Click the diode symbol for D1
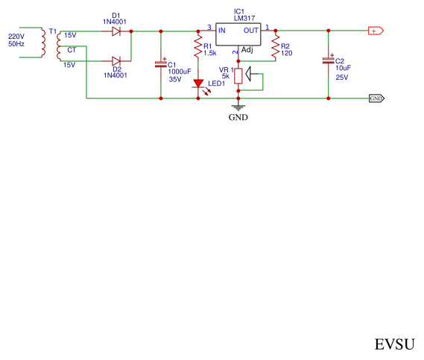click(x=116, y=31)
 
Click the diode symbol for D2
click(x=116, y=60)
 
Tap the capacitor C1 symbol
click(x=160, y=65)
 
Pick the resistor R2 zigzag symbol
click(x=276, y=48)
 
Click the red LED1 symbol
click(x=198, y=83)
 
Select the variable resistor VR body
click(x=238, y=75)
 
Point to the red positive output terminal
click(x=376, y=31)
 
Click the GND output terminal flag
click(x=376, y=98)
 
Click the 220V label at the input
click(x=16, y=36)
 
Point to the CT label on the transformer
click(x=71, y=49)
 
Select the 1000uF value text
click(x=180, y=72)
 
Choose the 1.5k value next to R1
click(x=210, y=54)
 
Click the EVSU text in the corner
click(x=394, y=344)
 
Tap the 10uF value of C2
click(x=343, y=69)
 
